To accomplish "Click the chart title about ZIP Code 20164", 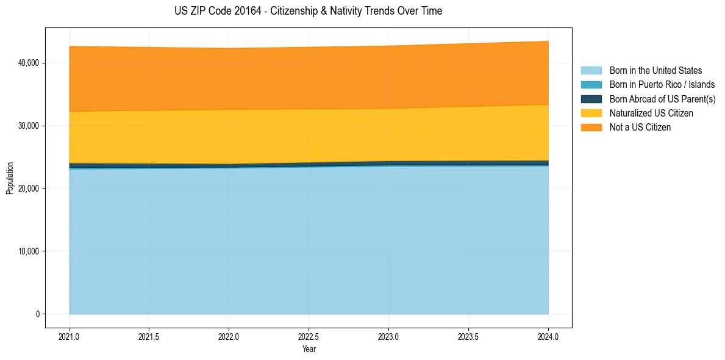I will [308, 11].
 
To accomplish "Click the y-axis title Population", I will [10, 178].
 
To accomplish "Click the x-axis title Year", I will [309, 349].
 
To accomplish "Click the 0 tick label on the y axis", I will [37, 314].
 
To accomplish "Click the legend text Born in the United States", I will [655, 71].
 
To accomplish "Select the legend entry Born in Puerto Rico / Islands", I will [662, 85].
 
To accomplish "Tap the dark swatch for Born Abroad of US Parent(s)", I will [591, 99].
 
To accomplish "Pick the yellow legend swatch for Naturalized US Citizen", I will [591, 113].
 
